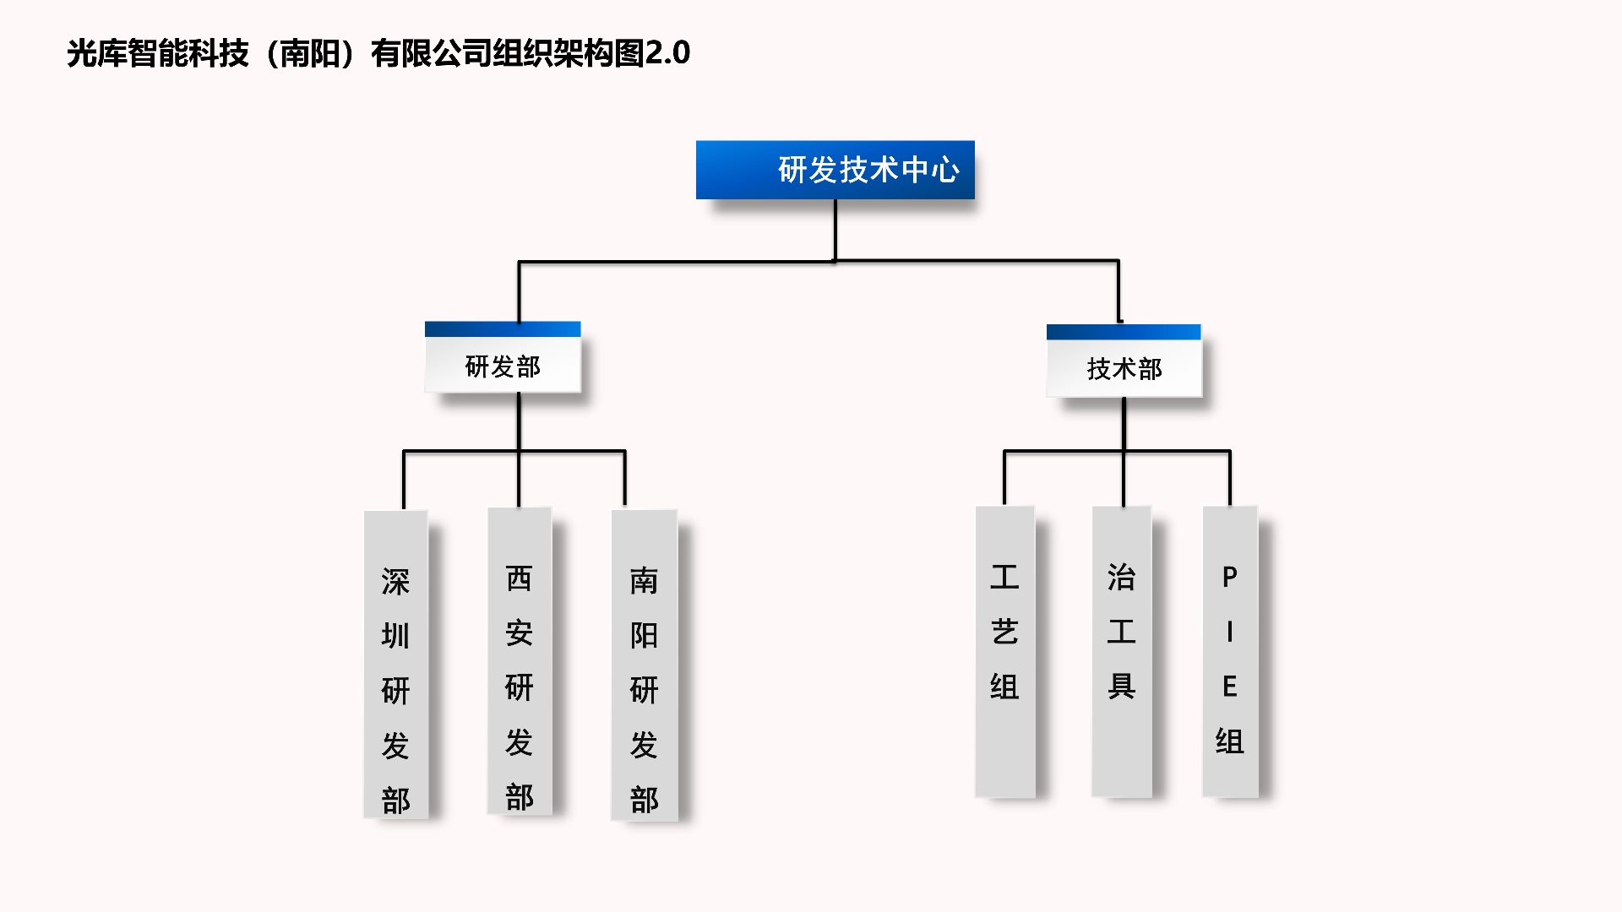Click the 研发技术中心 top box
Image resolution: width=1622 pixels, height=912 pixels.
[x=835, y=170]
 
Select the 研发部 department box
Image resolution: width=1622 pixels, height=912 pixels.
[x=503, y=366]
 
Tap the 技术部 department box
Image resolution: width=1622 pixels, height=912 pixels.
[x=1124, y=369]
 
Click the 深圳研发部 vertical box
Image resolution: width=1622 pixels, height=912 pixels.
[x=395, y=665]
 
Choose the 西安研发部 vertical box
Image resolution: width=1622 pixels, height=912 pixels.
[x=520, y=661]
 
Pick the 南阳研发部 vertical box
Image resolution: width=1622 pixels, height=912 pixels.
[x=644, y=665]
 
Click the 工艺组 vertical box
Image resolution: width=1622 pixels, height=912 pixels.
[x=1004, y=651]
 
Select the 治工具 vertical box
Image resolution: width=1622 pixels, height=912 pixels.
[x=1121, y=651]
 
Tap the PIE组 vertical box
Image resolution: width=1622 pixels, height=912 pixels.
[x=1230, y=651]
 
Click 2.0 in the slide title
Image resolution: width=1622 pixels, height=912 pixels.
[x=667, y=53]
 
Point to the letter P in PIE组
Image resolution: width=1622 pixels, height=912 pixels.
[x=1230, y=578]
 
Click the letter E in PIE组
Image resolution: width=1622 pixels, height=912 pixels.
[x=1230, y=687]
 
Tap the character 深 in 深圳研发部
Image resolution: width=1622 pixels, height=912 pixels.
[x=395, y=582]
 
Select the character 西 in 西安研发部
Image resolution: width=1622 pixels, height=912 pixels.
[x=520, y=578]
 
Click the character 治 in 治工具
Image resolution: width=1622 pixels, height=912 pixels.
[x=1121, y=578]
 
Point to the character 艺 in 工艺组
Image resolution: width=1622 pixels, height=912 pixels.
[x=1004, y=632]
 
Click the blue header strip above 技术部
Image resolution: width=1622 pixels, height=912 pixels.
[x=1124, y=332]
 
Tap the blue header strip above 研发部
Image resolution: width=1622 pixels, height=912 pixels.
[x=503, y=328]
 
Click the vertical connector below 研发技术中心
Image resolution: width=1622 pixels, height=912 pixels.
[x=835, y=230]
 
